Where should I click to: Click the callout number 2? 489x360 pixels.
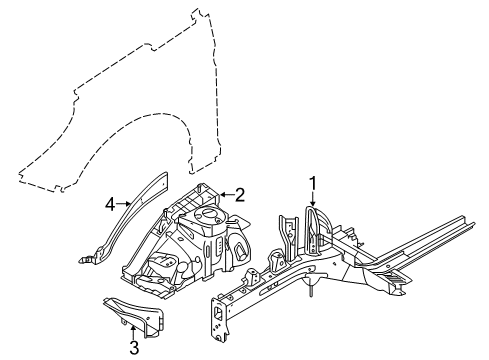coord(240,195)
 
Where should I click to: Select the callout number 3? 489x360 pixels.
coord(132,349)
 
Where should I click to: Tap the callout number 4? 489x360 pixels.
coord(109,206)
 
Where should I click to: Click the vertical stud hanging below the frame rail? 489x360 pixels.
coord(313,289)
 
